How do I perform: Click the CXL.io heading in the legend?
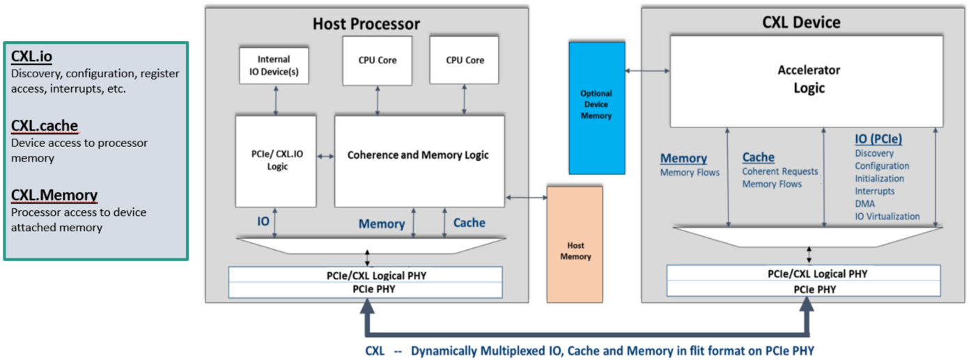[31, 56]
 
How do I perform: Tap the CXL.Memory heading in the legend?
[54, 195]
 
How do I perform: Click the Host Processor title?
[366, 24]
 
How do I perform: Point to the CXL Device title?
[801, 22]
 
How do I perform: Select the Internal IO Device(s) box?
[274, 65]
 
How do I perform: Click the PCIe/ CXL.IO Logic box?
[276, 161]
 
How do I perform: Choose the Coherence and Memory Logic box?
[419, 155]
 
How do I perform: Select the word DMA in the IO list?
[865, 204]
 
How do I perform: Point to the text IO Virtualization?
[887, 217]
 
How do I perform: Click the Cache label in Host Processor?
[469, 223]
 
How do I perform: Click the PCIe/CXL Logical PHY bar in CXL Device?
[803, 274]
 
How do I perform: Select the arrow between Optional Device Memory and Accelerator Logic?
[648, 70]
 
